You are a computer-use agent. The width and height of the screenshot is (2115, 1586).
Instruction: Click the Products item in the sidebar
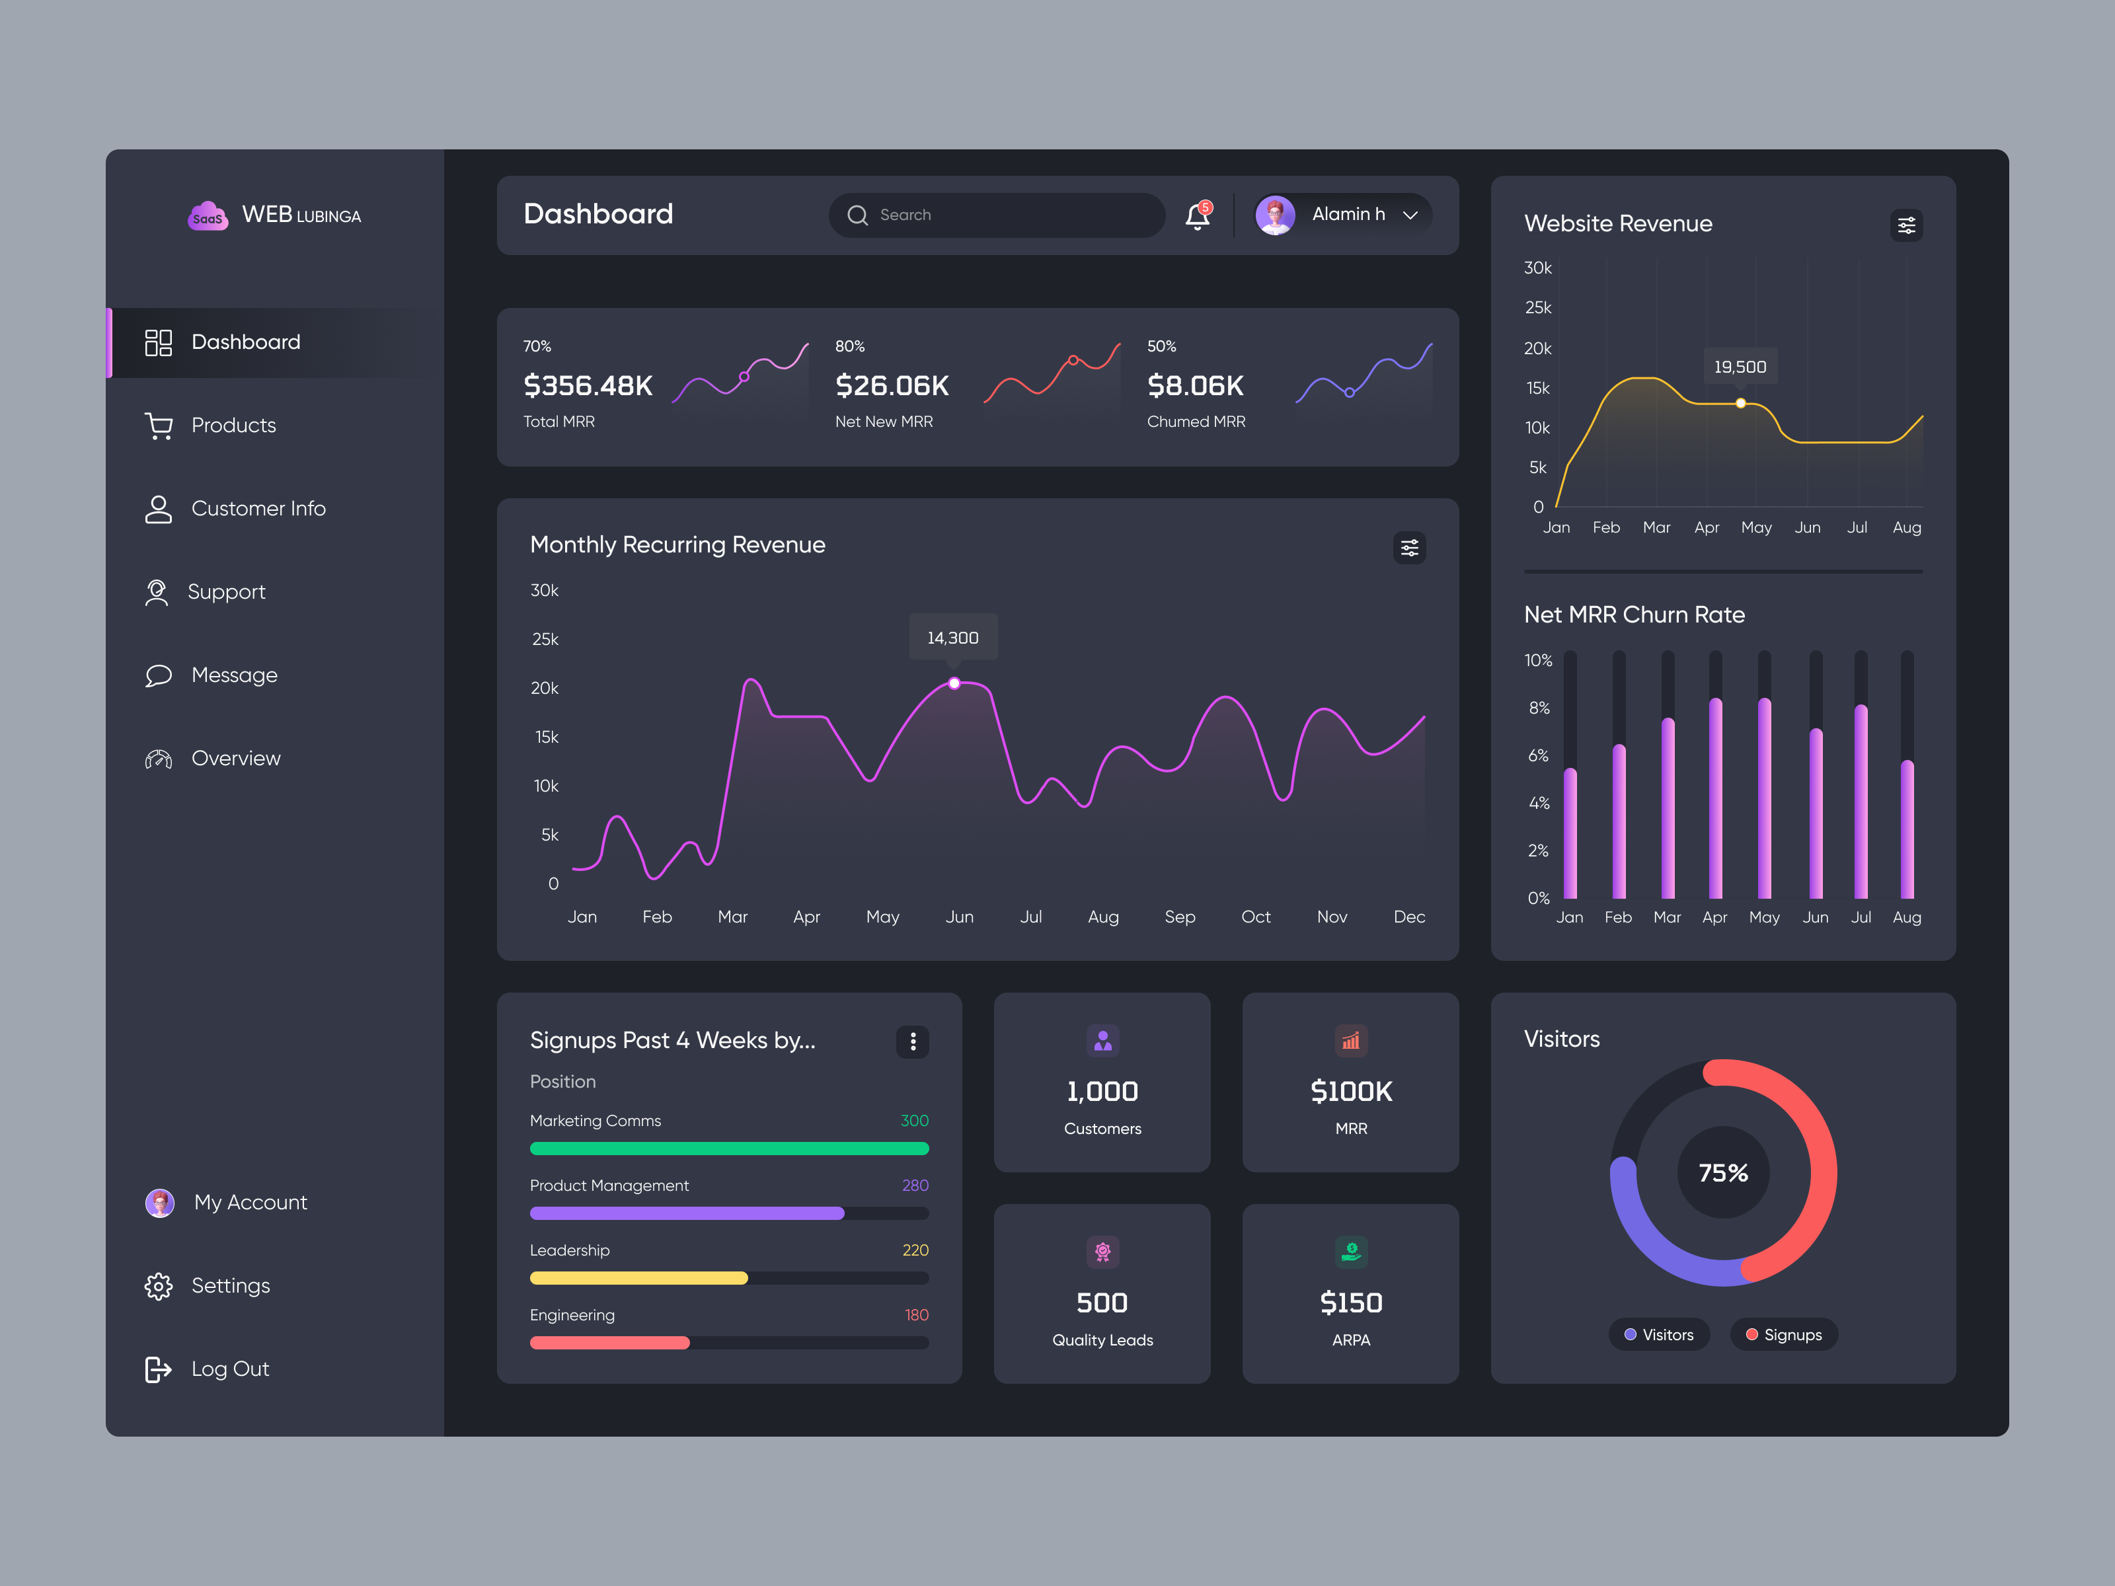click(x=233, y=426)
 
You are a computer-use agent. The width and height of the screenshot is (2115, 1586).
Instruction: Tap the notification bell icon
click(x=1197, y=216)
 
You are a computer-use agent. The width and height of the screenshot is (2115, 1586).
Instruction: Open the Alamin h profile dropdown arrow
click(x=1410, y=215)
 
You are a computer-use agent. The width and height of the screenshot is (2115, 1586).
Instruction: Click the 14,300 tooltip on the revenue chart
click(x=952, y=638)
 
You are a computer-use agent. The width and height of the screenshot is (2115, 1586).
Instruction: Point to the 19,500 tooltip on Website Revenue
click(x=1739, y=367)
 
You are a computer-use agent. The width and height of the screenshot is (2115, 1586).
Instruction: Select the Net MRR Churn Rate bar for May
click(x=1764, y=798)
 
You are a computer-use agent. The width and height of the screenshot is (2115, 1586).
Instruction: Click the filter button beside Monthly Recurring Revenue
click(x=1409, y=548)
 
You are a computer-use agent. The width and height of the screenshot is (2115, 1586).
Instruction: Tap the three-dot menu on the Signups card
click(x=912, y=1041)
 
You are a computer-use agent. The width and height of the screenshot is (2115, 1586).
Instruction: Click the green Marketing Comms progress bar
click(x=728, y=1148)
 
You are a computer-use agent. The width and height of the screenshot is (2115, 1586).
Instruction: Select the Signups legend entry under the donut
click(x=1783, y=1335)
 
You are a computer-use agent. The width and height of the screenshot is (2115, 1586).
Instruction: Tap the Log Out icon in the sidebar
click(x=158, y=1369)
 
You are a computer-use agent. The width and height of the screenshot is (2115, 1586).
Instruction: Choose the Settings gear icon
click(x=158, y=1286)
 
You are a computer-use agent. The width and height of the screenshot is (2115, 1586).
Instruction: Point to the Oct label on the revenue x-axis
click(x=1255, y=917)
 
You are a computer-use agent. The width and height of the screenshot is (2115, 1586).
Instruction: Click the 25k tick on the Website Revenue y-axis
click(x=1537, y=308)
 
